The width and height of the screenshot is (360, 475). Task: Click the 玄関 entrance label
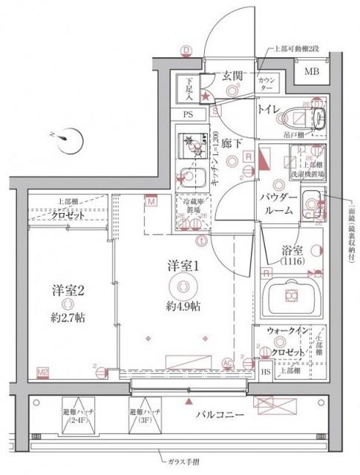point(232,75)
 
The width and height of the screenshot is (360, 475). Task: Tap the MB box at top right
point(312,71)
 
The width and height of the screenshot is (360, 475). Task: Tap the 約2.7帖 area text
point(68,317)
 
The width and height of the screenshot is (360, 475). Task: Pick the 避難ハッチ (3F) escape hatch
point(141,413)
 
